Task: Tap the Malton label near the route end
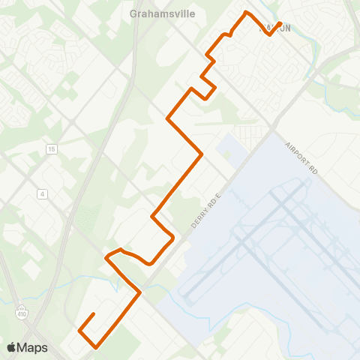(274, 28)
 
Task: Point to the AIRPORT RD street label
(301, 160)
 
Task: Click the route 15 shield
(51, 149)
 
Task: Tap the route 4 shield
(43, 193)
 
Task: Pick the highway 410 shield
(22, 308)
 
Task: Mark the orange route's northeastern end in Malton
(280, 23)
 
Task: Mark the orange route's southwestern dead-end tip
(93, 313)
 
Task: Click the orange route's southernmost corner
(96, 347)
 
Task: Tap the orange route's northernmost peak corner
(246, 12)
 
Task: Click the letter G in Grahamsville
(133, 13)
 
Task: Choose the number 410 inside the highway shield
(22, 309)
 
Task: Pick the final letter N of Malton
(287, 28)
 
